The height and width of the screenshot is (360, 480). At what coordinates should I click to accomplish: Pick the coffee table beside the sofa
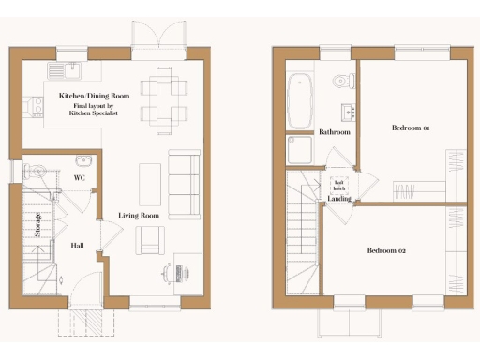pyautogui.click(x=149, y=184)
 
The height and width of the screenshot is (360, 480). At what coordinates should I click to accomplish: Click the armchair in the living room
pyautogui.click(x=150, y=243)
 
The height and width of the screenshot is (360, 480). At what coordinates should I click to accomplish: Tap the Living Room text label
pyautogui.click(x=138, y=216)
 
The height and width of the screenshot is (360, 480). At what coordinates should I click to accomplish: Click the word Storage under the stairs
pyautogui.click(x=38, y=226)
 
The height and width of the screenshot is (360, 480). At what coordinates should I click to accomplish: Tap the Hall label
pyautogui.click(x=79, y=246)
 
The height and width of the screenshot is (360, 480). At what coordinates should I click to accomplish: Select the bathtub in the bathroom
pyautogui.click(x=300, y=99)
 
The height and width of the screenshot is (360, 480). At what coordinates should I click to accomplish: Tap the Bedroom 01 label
pyautogui.click(x=411, y=127)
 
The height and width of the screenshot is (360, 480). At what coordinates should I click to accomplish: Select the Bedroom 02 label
pyautogui.click(x=386, y=250)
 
